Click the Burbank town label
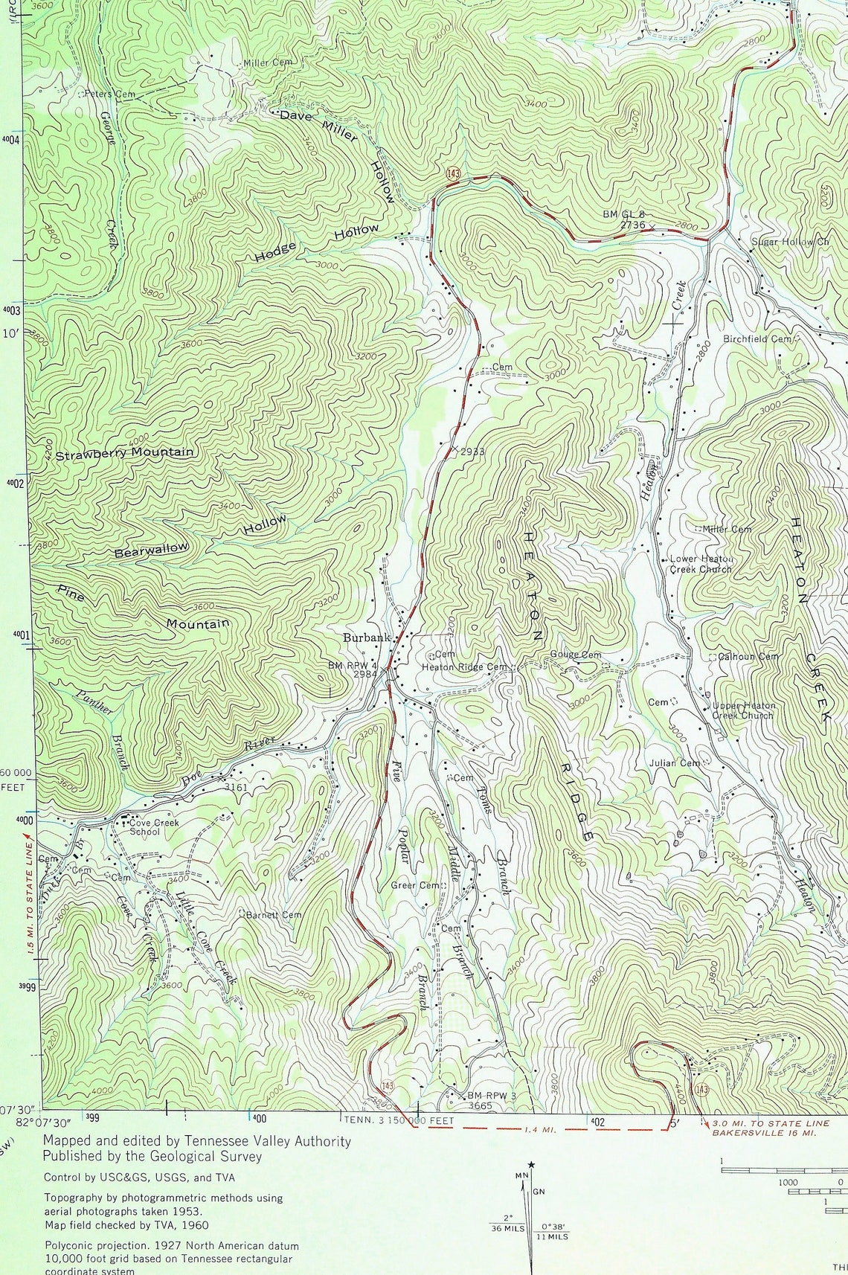coord(366,637)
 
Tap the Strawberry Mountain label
coord(124,453)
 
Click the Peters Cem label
coord(109,94)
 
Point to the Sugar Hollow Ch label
coord(789,243)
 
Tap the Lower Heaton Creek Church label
coord(701,564)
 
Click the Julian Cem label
coord(674,763)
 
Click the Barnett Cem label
coord(273,915)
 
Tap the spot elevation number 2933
coord(472,452)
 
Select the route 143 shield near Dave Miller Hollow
coord(453,173)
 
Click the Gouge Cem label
coord(575,655)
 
